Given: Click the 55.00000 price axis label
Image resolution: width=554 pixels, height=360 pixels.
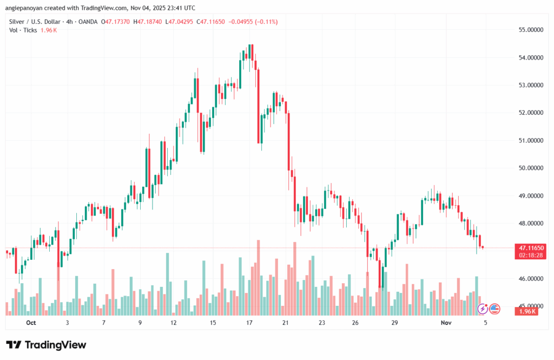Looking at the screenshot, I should [529, 29].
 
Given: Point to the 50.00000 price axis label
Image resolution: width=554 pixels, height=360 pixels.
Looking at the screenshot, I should [529, 168].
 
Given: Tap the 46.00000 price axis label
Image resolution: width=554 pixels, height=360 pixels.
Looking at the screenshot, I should [529, 279].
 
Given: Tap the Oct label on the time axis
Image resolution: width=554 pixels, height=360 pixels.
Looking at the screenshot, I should [30, 323].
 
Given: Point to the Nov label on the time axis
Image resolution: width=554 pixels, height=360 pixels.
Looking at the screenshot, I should [446, 323].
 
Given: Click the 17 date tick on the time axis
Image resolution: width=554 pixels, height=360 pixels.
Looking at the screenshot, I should [249, 323].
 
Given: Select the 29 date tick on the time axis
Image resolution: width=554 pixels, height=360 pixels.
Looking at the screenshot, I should [395, 323].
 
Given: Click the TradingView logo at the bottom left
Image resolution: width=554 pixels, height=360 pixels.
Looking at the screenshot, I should [46, 345].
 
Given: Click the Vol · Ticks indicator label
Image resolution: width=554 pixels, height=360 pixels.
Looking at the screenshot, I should [23, 30].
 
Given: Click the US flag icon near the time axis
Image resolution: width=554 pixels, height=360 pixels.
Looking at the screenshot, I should [494, 309].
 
